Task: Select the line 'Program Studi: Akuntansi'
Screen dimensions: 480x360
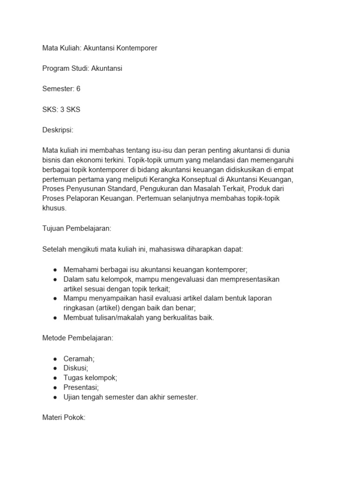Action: (82, 68)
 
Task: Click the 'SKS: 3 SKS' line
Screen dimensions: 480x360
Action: (61, 109)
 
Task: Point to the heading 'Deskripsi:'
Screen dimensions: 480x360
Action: (58, 130)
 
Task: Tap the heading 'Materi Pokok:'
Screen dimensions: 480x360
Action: (63, 418)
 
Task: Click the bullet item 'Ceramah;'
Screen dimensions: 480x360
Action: (79, 358)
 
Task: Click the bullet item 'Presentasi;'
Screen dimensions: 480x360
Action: (81, 387)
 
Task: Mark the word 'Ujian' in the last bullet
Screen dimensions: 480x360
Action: (72, 397)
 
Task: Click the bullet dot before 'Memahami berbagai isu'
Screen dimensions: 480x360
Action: (55, 270)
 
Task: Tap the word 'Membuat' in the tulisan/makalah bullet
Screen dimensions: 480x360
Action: (77, 317)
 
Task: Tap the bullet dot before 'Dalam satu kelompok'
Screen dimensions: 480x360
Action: (55, 279)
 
